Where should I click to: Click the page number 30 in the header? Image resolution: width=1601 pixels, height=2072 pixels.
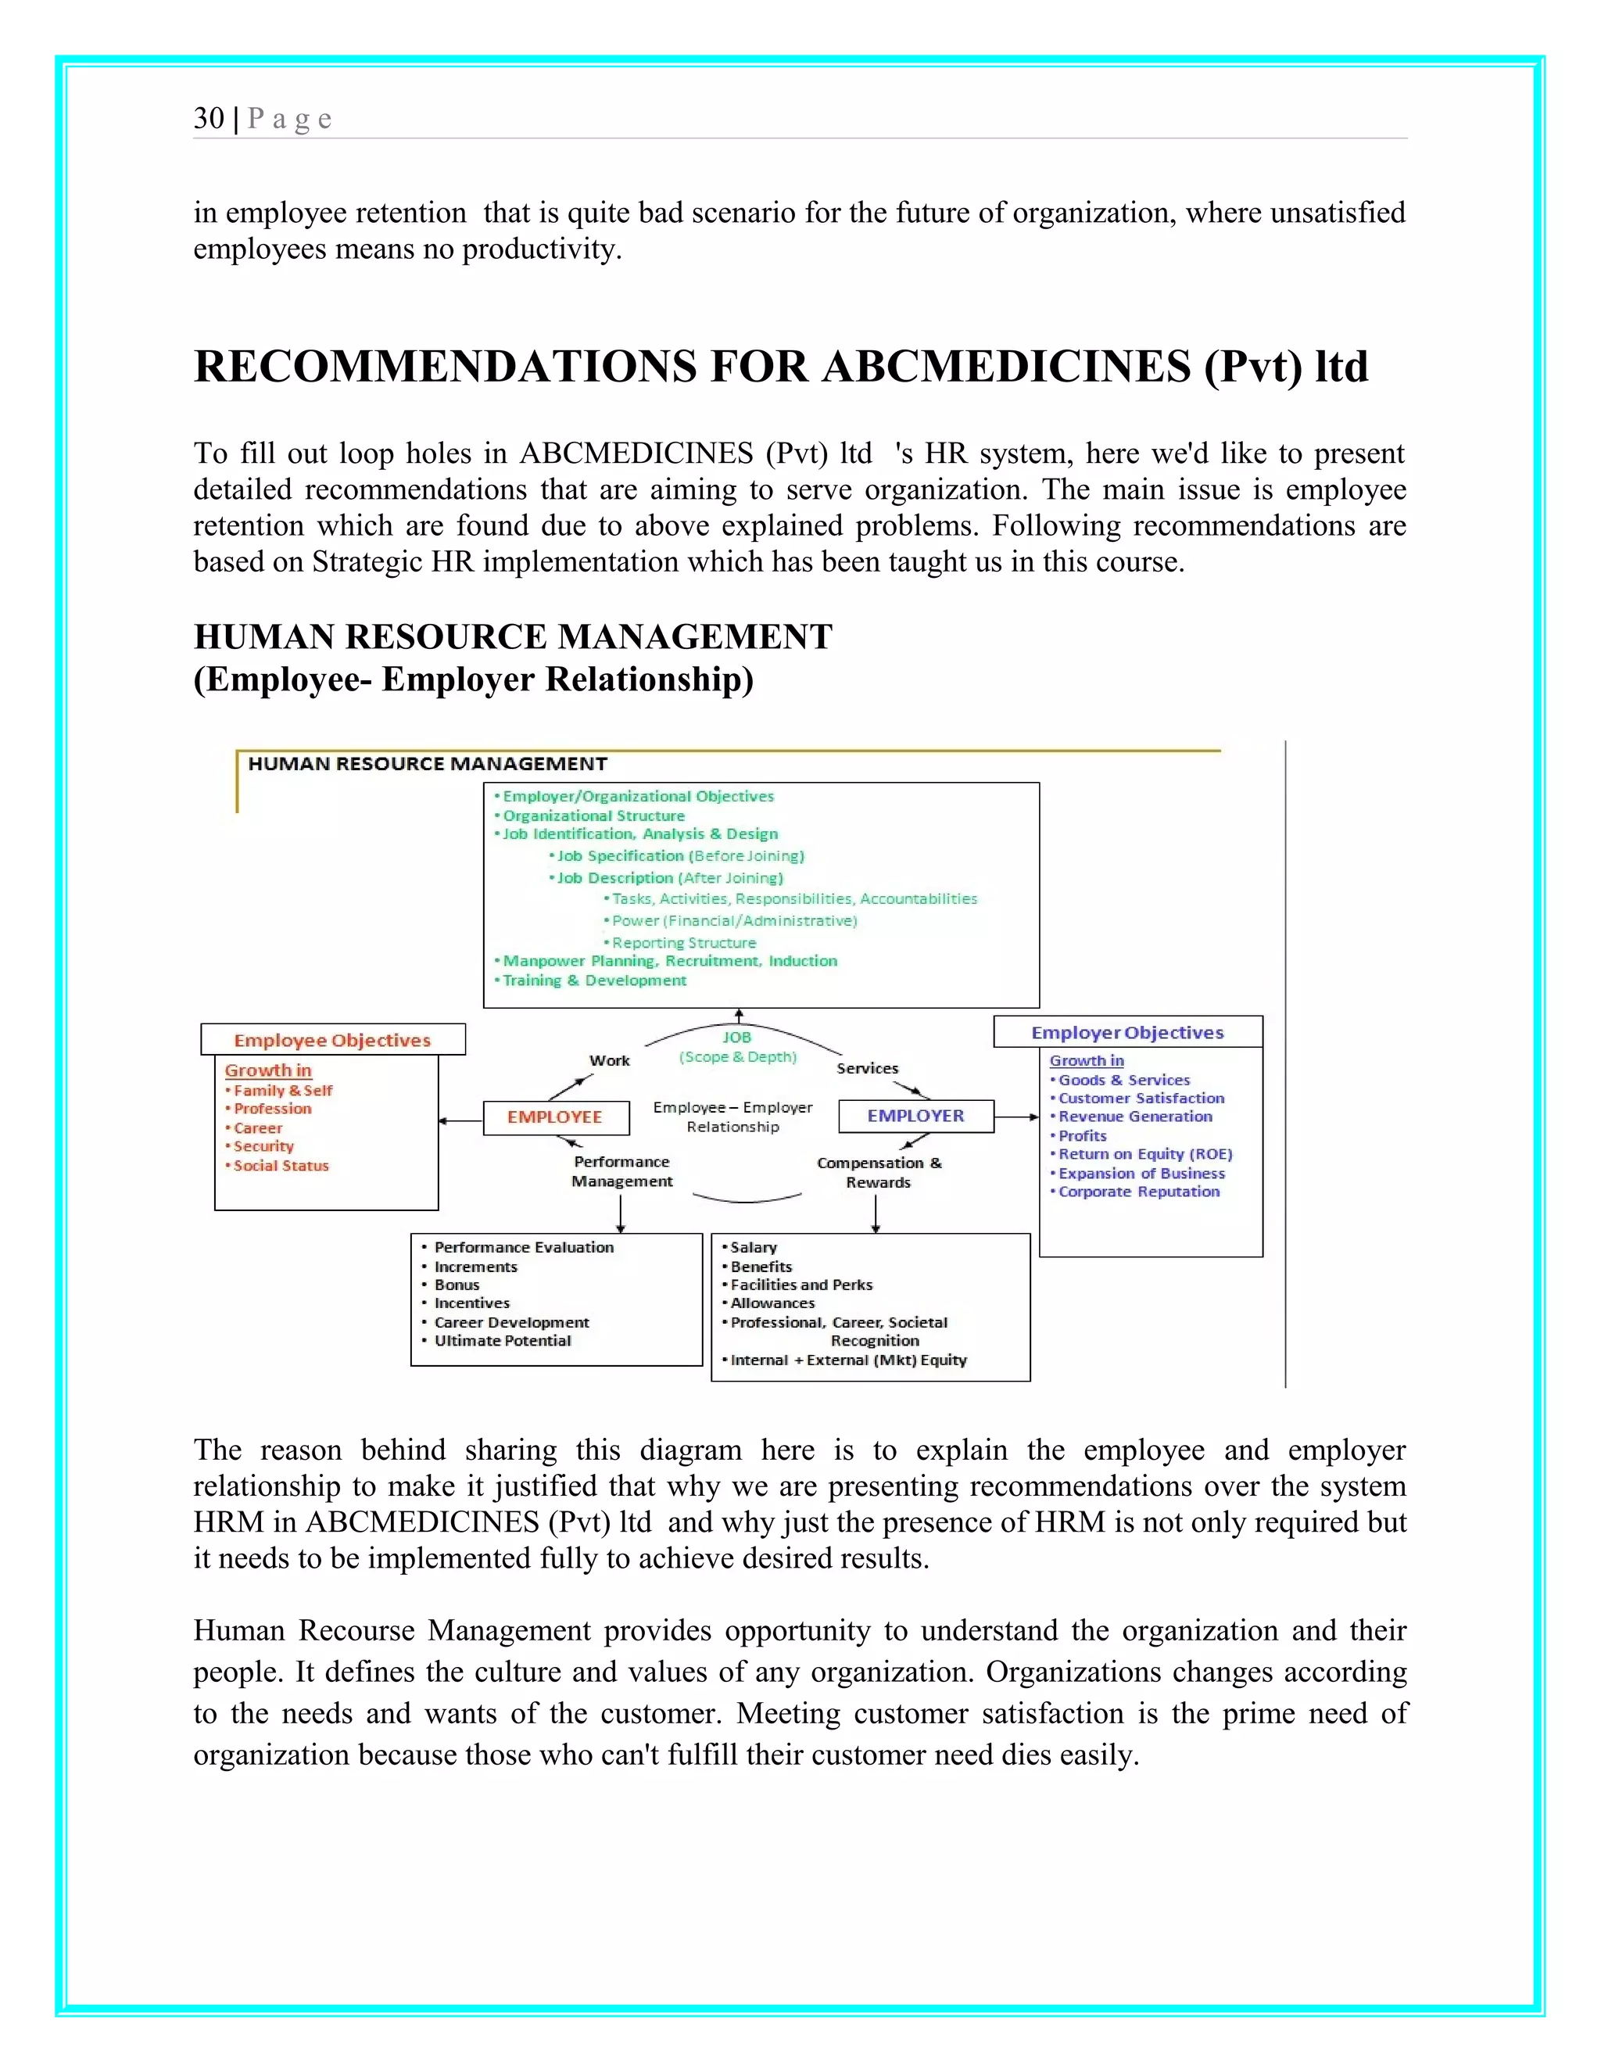[209, 119]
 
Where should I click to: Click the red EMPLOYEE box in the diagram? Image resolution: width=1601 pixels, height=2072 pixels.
[555, 1117]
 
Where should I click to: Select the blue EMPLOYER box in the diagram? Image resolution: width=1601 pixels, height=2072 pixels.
[915, 1117]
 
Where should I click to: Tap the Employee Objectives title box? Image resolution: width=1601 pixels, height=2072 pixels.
[332, 1040]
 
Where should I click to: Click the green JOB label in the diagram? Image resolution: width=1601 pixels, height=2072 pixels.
[737, 1038]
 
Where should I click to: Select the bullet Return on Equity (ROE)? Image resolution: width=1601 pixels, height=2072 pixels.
[1144, 1155]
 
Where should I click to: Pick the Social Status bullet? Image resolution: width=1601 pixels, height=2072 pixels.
[281, 1166]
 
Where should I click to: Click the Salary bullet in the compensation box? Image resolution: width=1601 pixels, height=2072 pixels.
[753, 1248]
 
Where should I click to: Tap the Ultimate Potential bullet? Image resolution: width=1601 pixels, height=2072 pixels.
[503, 1340]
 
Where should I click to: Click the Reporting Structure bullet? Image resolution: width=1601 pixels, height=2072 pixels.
[684, 943]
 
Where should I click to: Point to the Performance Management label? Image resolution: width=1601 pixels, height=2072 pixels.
[622, 1172]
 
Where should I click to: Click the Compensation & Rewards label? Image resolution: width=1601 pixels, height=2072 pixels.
[879, 1173]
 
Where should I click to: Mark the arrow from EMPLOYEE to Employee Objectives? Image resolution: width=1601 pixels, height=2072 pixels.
[461, 1121]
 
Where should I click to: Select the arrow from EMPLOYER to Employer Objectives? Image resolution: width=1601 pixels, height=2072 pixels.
[1017, 1117]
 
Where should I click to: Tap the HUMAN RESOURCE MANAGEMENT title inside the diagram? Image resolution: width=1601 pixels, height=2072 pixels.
[427, 764]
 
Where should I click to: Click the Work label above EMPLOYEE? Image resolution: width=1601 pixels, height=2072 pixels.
[609, 1061]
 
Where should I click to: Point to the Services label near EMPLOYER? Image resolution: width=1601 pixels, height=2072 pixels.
[867, 1068]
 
